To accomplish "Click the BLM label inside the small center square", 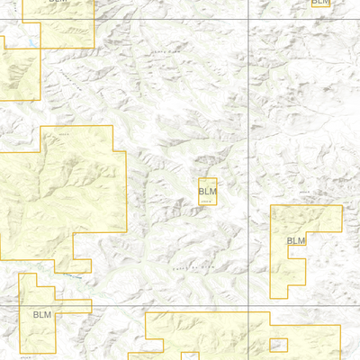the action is tap(208, 191).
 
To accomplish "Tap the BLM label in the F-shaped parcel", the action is tap(296, 240).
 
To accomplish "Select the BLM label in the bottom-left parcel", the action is tap(42, 315).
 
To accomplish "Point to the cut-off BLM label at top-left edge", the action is tap(58, 2).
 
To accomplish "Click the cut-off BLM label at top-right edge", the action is tap(320, 3).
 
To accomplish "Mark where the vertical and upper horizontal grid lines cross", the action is tap(247, 19).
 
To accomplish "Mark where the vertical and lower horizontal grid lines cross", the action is tap(247, 306).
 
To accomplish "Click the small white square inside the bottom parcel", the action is tap(279, 344).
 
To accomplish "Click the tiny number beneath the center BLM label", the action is tap(207, 201).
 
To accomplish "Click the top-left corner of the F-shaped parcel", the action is tap(271, 206).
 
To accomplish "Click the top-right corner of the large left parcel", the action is tap(113, 126).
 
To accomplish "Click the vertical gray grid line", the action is tap(247, 162).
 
